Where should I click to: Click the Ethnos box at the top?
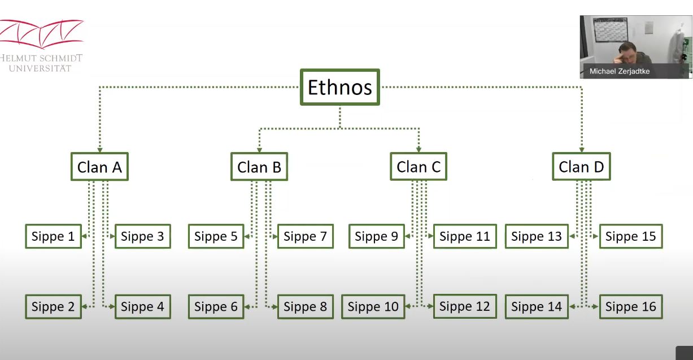pyautogui.click(x=339, y=87)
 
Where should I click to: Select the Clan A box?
pyautogui.click(x=99, y=167)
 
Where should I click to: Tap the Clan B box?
pyautogui.click(x=259, y=167)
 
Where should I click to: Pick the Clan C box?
pyautogui.click(x=419, y=167)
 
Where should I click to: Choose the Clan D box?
pyautogui.click(x=581, y=167)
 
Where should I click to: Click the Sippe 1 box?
pyautogui.click(x=53, y=236)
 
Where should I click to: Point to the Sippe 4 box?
pyautogui.click(x=143, y=306)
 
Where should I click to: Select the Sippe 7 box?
pyautogui.click(x=306, y=236)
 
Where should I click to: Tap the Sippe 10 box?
pyautogui.click(x=373, y=306)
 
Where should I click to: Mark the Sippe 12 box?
pyautogui.click(x=465, y=306)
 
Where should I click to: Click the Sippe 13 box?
pyautogui.click(x=537, y=236)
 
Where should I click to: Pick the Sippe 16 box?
pyautogui.click(x=631, y=306)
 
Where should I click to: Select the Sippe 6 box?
pyautogui.click(x=216, y=306)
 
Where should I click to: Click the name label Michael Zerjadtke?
pyautogui.click(x=620, y=71)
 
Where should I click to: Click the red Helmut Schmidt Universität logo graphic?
pyautogui.click(x=41, y=34)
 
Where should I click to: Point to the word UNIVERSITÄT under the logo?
pyautogui.click(x=40, y=68)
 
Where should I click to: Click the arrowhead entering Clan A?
pyautogui.click(x=99, y=150)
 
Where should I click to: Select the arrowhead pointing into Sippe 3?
pyautogui.click(x=112, y=236)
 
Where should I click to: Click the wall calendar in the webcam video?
pyautogui.click(x=611, y=30)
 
